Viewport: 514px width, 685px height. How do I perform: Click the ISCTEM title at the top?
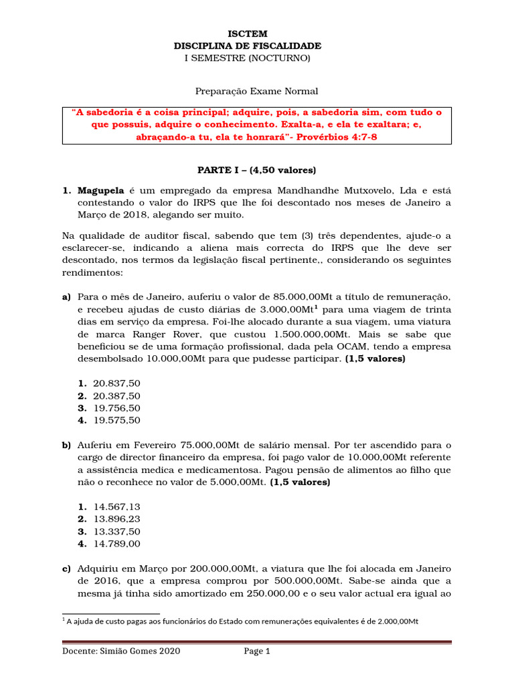coord(248,33)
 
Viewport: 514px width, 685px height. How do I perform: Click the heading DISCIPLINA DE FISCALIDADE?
coord(248,45)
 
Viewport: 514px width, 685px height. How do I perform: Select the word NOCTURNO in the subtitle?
coord(279,58)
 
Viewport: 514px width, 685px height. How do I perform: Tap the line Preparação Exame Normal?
coord(248,91)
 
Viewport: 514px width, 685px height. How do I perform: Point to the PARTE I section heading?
coord(248,170)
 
